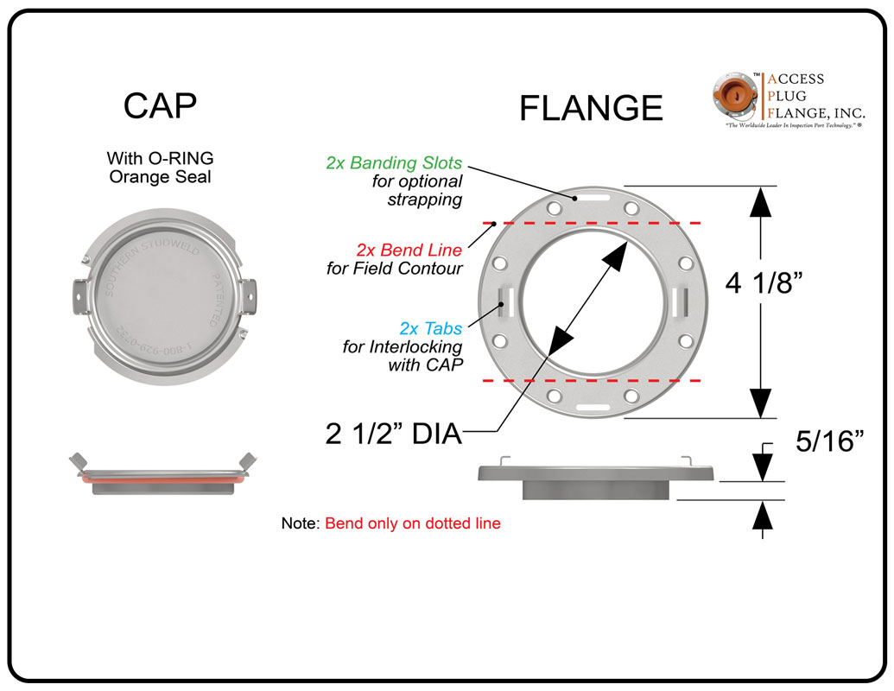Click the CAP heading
coord(160,105)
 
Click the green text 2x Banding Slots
coord(394,162)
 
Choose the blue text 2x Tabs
coord(430,329)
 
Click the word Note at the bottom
coord(300,523)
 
